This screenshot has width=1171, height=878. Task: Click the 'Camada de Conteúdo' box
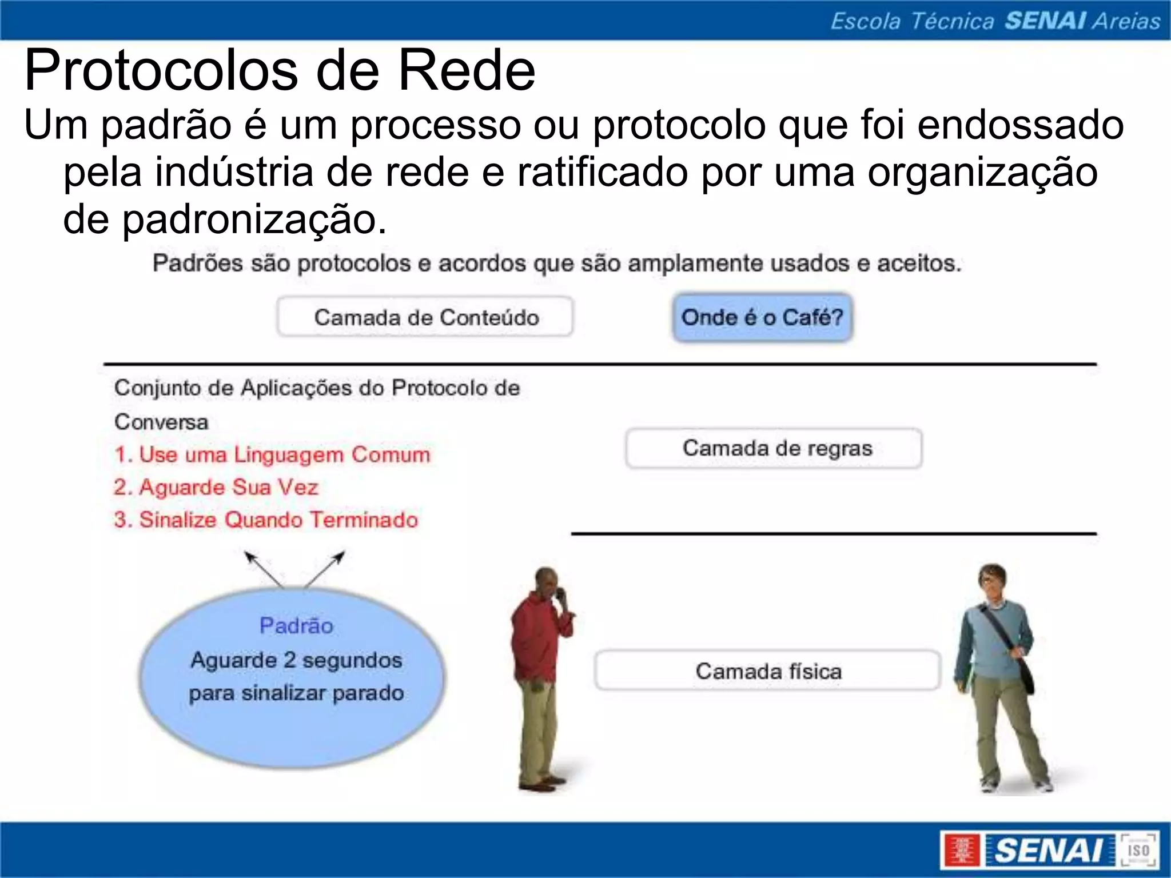(425, 317)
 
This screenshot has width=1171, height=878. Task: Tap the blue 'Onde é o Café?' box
(762, 317)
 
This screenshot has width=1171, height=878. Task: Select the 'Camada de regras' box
(774, 448)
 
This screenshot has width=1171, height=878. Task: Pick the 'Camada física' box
(768, 671)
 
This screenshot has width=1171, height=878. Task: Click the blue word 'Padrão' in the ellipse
(296, 626)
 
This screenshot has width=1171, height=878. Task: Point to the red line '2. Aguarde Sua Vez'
(216, 487)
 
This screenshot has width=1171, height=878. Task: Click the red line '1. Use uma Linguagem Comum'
(272, 454)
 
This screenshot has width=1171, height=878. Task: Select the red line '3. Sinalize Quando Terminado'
(266, 520)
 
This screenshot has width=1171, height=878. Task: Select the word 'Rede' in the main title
(467, 71)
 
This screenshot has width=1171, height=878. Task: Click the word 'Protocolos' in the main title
(161, 71)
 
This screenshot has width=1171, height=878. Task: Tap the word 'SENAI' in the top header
(1045, 21)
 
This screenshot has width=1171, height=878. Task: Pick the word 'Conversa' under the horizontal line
(161, 422)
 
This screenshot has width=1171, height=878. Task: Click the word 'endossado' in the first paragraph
(1021, 125)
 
